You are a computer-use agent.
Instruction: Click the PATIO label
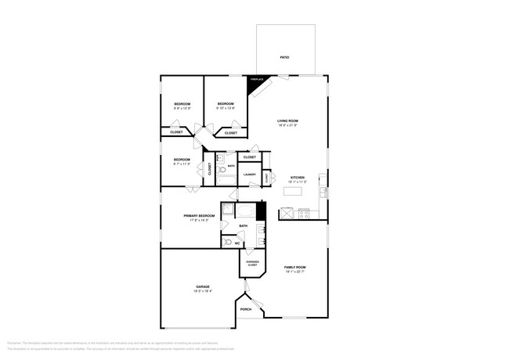coord(285,58)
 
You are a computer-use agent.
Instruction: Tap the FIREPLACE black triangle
coord(255,85)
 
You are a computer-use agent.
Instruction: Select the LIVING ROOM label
coord(288,121)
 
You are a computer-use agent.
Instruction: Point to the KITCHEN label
coord(298,178)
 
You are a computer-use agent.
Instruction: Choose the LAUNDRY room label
coord(250,175)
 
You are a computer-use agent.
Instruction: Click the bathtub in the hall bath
coord(226,182)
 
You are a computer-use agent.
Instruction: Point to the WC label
coord(236,243)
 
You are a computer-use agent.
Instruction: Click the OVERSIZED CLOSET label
coord(252,264)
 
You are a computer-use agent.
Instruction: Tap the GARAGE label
coord(203,287)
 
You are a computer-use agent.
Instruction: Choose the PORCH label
coord(246,309)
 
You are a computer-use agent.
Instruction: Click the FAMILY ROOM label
coord(295,268)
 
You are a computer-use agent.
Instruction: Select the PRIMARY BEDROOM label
coord(200,215)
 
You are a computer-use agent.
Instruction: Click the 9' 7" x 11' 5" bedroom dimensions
coord(182,164)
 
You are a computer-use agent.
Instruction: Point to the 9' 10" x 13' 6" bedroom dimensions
coord(226,108)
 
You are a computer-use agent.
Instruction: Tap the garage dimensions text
coord(203,292)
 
